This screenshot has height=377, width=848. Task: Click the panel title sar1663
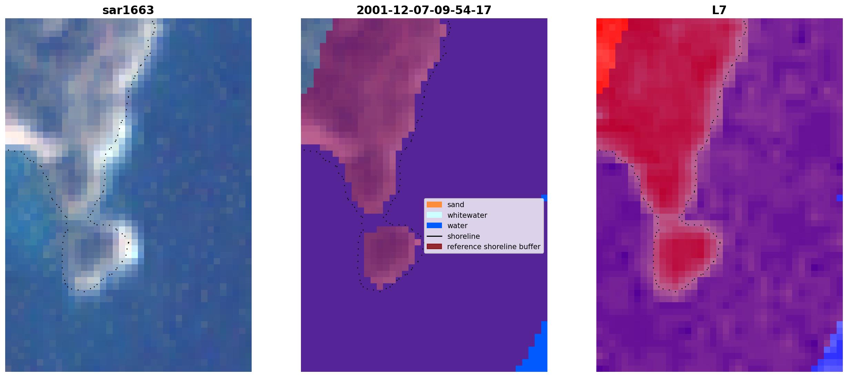128,10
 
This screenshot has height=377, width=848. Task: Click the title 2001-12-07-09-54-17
424,10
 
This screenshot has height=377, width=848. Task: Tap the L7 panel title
719,10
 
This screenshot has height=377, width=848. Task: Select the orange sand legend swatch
434,204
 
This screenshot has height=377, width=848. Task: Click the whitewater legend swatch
434,215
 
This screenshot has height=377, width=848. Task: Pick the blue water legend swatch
434,225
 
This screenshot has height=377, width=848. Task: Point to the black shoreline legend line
434,236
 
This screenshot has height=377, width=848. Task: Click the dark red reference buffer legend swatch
434,246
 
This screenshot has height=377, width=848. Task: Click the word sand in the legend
456,205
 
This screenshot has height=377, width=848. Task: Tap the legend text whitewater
467,215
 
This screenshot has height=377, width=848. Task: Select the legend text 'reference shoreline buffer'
494,247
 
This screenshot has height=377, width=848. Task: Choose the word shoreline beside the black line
464,236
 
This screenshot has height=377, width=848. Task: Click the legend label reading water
457,226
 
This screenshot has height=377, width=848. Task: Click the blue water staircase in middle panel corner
536,355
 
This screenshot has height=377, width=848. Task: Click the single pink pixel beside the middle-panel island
418,242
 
